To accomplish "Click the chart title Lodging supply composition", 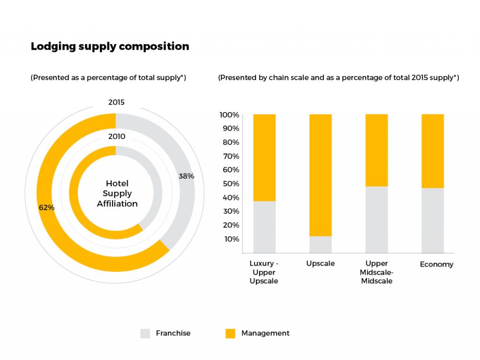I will point(110,47).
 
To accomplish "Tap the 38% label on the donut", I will point(186,176).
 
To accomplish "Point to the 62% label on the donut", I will point(46,207).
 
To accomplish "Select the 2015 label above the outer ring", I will point(116,102).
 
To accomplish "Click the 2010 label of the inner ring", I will point(116,136).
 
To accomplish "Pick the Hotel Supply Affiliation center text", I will point(117,194).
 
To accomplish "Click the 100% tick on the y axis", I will point(229,115).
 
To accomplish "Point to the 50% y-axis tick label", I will point(231,184).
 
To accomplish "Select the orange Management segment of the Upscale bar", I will point(321,173).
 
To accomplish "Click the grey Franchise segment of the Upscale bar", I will point(321,244).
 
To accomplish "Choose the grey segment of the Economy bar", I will point(433,220).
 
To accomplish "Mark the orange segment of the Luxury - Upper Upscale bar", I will point(264,157).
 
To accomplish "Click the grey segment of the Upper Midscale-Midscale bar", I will point(376,219).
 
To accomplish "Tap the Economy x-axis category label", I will point(436,264).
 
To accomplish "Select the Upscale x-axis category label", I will point(321,263).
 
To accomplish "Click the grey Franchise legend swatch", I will point(145,333).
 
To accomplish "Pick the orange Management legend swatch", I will point(230,333).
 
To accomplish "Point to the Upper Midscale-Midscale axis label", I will point(376,272).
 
